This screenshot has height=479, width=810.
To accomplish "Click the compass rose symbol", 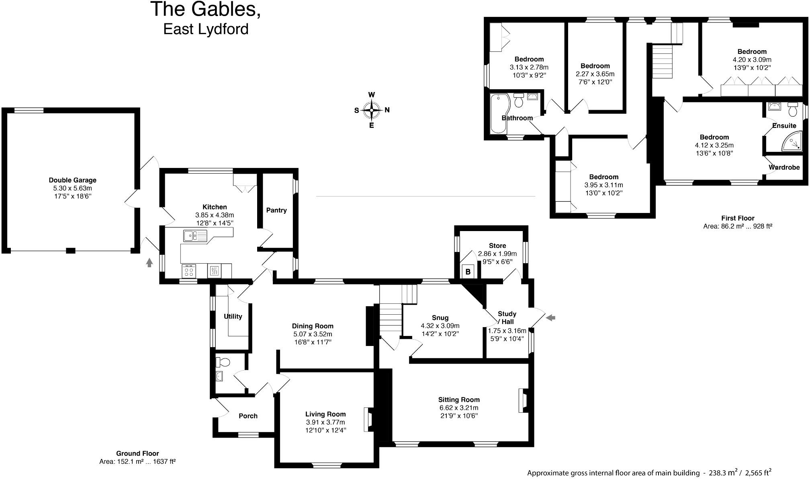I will pyautogui.click(x=372, y=110).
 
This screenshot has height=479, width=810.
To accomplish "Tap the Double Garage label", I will pyautogui.click(x=72, y=180).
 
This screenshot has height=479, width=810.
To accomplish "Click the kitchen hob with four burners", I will pyautogui.click(x=189, y=271).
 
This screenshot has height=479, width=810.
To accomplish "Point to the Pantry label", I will pyautogui.click(x=276, y=210).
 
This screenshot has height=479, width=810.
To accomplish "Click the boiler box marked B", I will pyautogui.click(x=468, y=272).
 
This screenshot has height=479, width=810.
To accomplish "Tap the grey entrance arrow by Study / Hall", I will pyautogui.click(x=551, y=318).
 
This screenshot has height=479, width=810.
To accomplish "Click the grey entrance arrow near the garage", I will pyautogui.click(x=149, y=263).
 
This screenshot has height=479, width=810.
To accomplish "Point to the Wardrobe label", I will pyautogui.click(x=784, y=167).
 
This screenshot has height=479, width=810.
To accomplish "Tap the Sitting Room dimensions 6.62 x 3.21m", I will pyautogui.click(x=459, y=408).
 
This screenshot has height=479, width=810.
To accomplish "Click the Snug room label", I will pyautogui.click(x=440, y=317).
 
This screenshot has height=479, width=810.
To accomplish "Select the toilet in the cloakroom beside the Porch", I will pyautogui.click(x=223, y=362).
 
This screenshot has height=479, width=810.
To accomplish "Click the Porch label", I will pyautogui.click(x=248, y=416).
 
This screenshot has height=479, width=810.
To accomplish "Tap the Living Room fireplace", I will pyautogui.click(x=368, y=420).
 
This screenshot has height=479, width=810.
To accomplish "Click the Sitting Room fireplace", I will pyautogui.click(x=523, y=401).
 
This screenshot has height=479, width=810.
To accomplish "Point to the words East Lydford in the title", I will pyautogui.click(x=206, y=29).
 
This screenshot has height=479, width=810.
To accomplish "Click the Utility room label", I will pyautogui.click(x=233, y=316).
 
